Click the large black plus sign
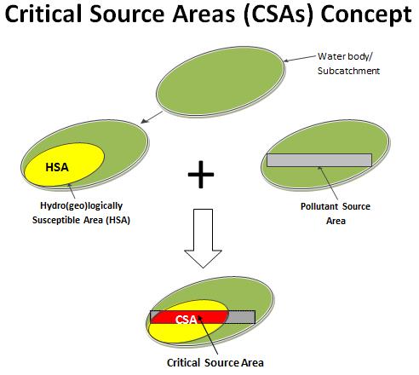coord(200,176)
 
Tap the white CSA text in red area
coord(186,320)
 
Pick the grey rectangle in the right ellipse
coord(318,159)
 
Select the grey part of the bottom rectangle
coord(241,317)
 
